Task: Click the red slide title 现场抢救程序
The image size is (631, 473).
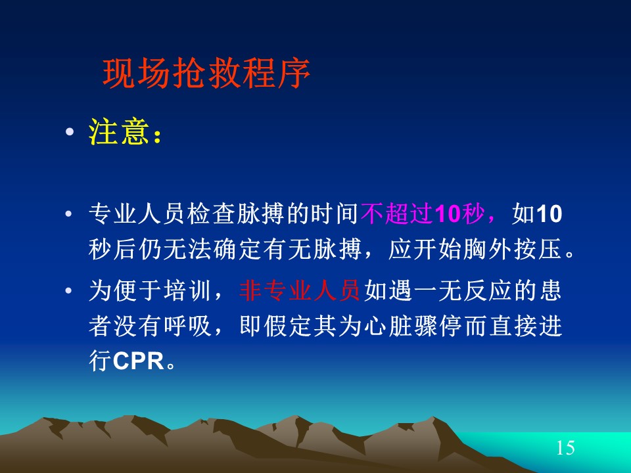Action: click(x=206, y=73)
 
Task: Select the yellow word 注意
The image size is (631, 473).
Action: click(x=118, y=131)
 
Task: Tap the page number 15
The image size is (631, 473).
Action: click(x=565, y=447)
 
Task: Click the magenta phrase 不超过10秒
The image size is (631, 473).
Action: click(x=422, y=213)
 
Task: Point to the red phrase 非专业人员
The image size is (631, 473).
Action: click(x=300, y=290)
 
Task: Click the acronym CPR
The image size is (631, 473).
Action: click(x=139, y=361)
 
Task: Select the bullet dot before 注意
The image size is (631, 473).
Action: click(x=70, y=131)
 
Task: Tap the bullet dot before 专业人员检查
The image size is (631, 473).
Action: click(x=68, y=214)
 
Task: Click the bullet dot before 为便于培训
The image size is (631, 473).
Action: click(x=68, y=290)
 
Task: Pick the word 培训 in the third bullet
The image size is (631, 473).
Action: click(x=187, y=290)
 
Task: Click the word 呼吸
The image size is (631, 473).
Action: click(x=187, y=326)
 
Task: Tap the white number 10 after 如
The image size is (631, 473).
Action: click(x=549, y=214)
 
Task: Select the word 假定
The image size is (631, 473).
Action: click(x=287, y=326)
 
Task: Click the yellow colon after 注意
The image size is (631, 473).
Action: click(x=157, y=136)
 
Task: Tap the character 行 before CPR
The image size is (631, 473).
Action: click(x=100, y=361)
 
